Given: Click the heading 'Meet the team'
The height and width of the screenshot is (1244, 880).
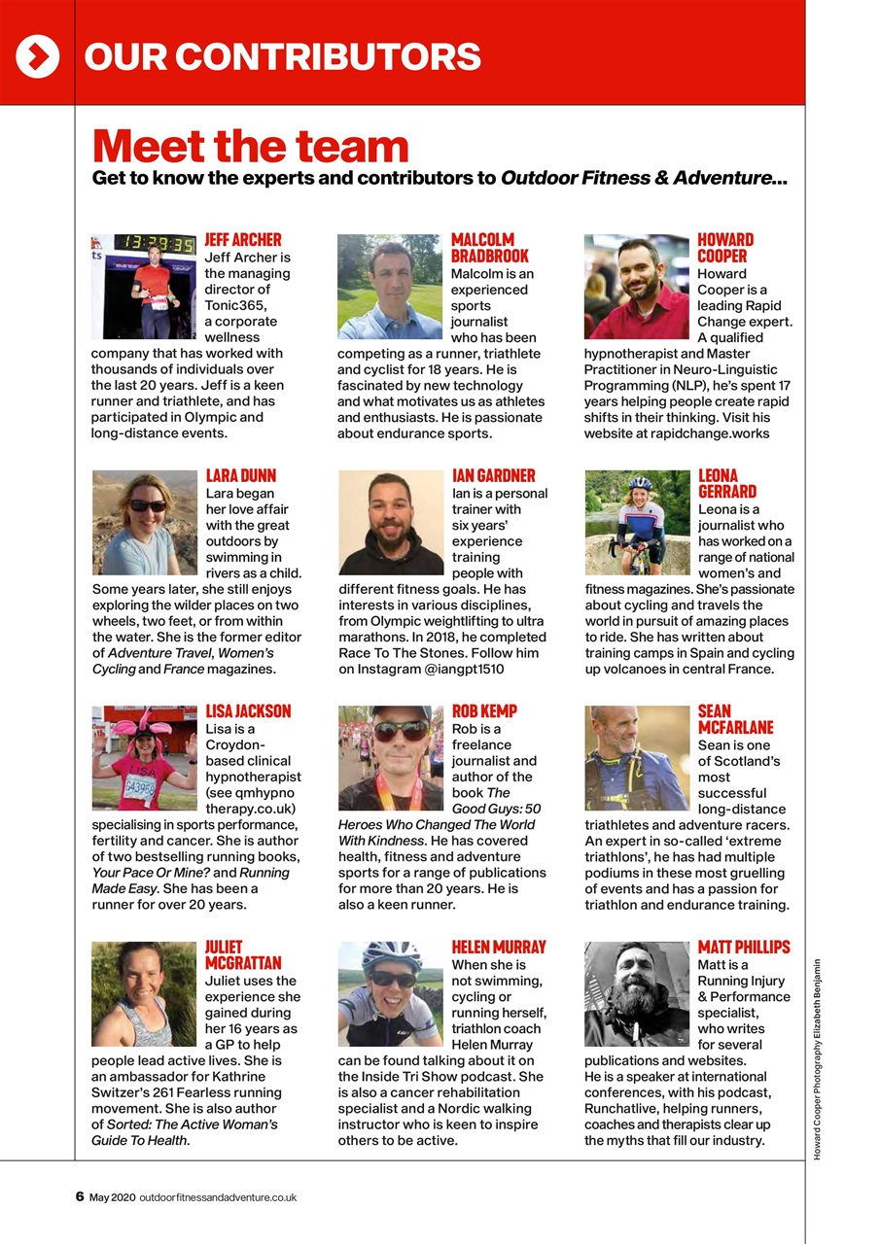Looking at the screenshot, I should click(251, 146).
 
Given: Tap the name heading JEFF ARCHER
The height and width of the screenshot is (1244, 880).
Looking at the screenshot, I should click(243, 240).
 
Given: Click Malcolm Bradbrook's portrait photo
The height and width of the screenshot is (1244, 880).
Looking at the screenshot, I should click(390, 287).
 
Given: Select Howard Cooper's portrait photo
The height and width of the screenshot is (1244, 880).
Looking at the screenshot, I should click(637, 287).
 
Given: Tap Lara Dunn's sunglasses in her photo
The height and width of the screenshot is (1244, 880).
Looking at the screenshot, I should click(148, 505).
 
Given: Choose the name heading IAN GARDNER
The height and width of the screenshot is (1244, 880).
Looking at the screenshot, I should click(494, 476).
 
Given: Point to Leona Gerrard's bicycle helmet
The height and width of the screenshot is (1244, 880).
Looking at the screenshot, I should click(640, 483).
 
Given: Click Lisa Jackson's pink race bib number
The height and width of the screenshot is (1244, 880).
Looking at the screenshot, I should click(140, 787).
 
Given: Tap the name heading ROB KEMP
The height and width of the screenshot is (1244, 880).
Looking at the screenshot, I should click(484, 711).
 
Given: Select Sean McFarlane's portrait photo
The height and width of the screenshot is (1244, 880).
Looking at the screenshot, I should click(637, 758).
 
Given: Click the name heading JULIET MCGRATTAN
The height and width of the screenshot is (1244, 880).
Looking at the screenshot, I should click(243, 954).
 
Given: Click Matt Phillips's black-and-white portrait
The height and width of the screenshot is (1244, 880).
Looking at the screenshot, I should click(637, 993).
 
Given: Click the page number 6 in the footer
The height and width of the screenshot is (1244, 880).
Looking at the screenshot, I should click(80, 1197).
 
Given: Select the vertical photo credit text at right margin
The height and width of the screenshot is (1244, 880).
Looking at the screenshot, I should click(818, 1059).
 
